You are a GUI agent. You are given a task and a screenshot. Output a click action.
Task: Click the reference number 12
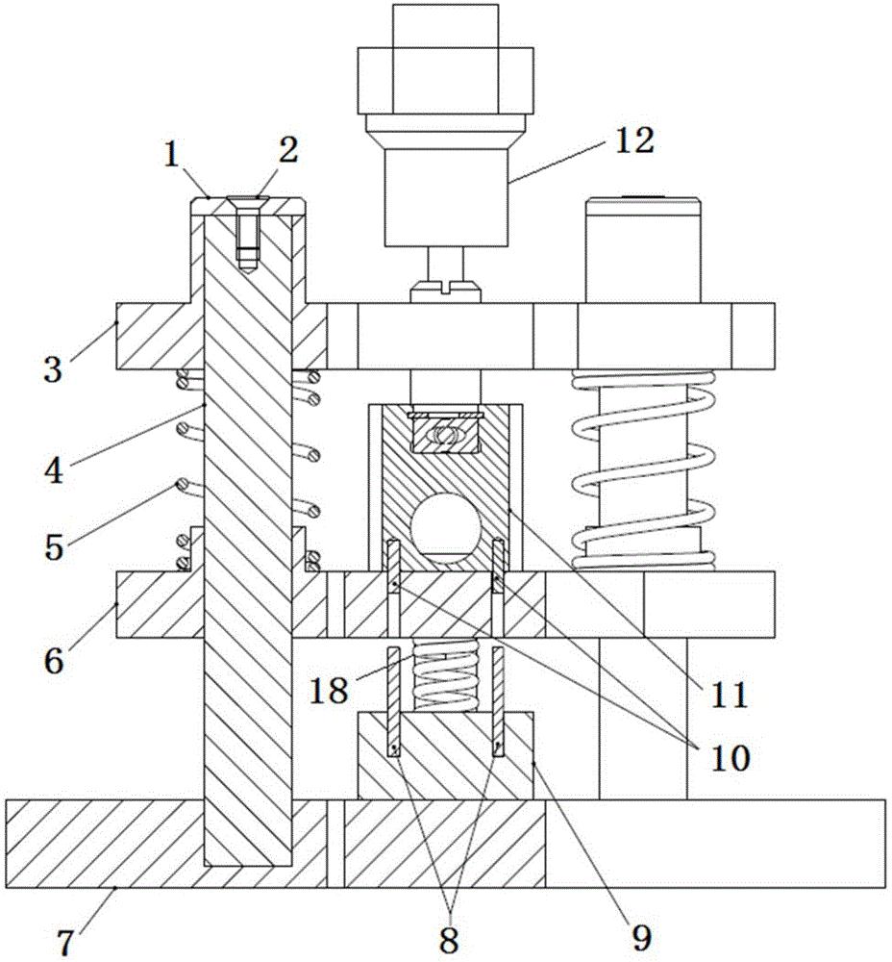click(x=632, y=140)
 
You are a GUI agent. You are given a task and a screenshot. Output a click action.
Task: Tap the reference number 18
click(x=329, y=691)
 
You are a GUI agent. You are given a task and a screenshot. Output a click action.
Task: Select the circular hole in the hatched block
click(x=444, y=526)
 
